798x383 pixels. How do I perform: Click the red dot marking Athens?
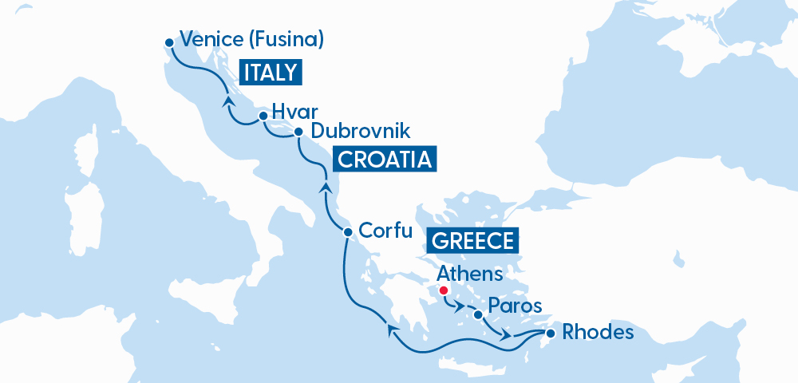coord(444,290)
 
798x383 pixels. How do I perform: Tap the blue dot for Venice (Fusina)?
coord(168,42)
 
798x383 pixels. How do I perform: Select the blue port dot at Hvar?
coord(263,116)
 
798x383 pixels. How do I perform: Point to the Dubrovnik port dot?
coord(298,132)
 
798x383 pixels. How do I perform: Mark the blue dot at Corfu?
coord(347,233)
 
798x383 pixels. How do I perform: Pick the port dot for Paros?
coord(477,314)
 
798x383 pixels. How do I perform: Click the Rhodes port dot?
coord(550,332)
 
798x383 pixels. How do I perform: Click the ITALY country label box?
coord(272,73)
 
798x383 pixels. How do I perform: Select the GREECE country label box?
coord(473,240)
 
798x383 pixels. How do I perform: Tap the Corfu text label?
coord(385,231)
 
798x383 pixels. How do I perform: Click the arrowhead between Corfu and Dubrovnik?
coord(326,188)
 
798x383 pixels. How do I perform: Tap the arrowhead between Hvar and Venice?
coord(228,101)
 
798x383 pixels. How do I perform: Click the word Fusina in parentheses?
coord(284,39)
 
